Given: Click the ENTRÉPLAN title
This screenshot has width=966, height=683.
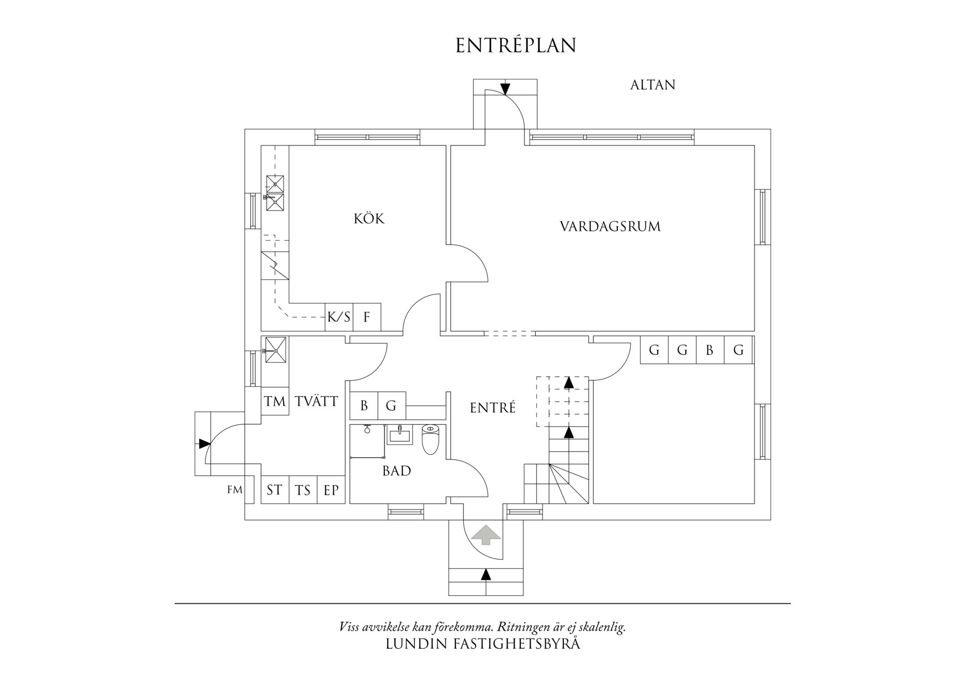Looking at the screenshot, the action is coord(515,46).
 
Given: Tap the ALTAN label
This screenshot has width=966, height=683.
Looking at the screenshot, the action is coord(653,85).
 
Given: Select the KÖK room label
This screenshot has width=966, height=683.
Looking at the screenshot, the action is coord(369,218).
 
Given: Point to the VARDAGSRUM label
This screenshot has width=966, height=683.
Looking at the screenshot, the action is coord(610,226).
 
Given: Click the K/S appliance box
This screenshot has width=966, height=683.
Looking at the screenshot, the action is coord(339,317).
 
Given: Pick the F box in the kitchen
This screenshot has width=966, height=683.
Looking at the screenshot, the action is coord(367,317).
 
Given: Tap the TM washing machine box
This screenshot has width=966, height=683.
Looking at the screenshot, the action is coord(274,402).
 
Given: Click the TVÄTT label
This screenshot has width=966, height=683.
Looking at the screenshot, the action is coord(316,401).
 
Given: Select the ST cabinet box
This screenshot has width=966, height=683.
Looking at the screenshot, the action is coord(275,490).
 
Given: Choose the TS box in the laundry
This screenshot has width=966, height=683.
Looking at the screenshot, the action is coord(303,490).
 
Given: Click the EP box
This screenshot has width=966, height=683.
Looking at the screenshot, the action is coord(331,490).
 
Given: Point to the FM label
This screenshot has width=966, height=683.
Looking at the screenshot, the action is coord(235,489).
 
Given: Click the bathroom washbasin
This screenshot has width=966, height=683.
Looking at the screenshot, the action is coord(399,435).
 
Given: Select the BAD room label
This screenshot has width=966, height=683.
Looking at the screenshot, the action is coord(397,471).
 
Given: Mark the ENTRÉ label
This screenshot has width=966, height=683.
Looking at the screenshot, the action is coord(493,408).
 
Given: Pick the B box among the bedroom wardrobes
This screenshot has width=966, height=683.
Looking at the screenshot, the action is coord(710,350).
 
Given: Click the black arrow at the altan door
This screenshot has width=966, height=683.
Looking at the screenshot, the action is coord(505,89).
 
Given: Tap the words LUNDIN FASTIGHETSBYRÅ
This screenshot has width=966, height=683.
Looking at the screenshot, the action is coord(483,644).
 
